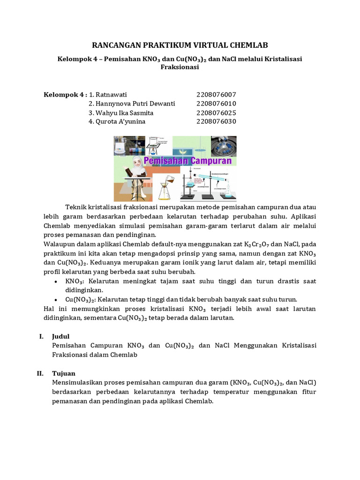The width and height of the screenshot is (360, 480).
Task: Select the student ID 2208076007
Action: tap(216, 95)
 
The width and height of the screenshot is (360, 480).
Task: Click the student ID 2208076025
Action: tap(216, 113)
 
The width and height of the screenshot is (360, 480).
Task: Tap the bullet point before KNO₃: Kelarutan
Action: tap(56, 282)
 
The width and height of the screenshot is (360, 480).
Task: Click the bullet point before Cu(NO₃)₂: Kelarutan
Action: tap(56, 300)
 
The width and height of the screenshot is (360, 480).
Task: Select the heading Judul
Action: tap(61, 337)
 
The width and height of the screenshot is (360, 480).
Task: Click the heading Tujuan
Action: tap(63, 374)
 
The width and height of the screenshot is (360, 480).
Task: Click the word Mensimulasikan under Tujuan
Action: tap(78, 383)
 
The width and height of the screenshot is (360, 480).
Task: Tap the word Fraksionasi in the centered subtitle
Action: tap(180, 67)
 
